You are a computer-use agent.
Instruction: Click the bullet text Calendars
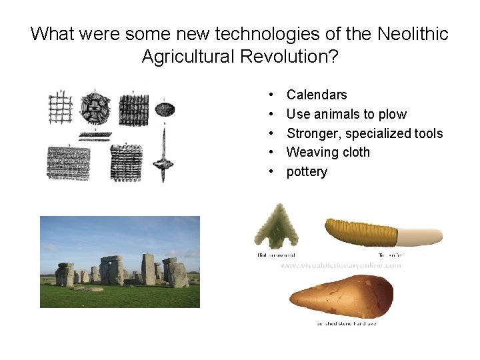tap(317, 95)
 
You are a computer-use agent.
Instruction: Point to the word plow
tap(392, 114)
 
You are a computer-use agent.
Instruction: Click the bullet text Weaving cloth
tap(328, 152)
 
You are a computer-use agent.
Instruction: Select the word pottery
tap(307, 171)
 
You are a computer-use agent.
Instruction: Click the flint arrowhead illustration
tap(276, 227)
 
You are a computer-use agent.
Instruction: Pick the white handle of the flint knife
tap(420, 235)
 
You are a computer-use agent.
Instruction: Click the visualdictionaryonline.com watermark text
tap(340, 265)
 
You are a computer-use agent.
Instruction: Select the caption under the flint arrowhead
tap(276, 254)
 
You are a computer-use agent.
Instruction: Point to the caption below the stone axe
tap(346, 323)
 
